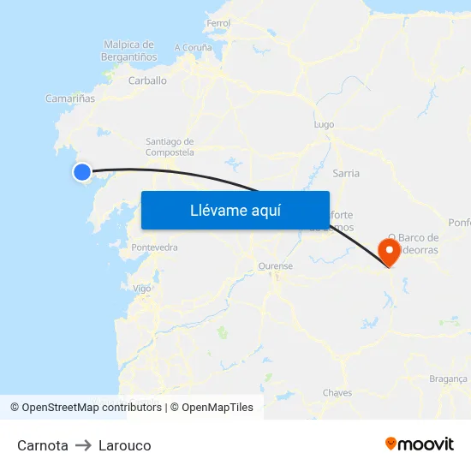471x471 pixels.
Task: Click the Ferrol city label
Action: pyautogui.click(x=218, y=23)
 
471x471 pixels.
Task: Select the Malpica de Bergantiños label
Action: pyautogui.click(x=128, y=51)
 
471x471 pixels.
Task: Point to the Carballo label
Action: pyautogui.click(x=147, y=80)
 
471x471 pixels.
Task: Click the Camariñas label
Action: pyautogui.click(x=70, y=98)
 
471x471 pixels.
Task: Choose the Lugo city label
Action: pyautogui.click(x=324, y=124)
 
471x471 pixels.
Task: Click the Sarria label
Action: pyautogui.click(x=346, y=173)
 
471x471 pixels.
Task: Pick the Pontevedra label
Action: pyautogui.click(x=154, y=247)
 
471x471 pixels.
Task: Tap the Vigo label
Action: pyautogui.click(x=142, y=289)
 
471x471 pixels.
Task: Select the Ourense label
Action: pyautogui.click(x=275, y=266)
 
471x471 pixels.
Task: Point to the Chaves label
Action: pyautogui.click(x=337, y=393)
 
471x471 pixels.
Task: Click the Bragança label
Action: pyautogui.click(x=448, y=379)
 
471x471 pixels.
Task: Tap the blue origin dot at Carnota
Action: pyautogui.click(x=82, y=172)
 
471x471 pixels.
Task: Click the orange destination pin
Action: pyautogui.click(x=390, y=252)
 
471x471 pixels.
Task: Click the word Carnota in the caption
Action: pyautogui.click(x=43, y=445)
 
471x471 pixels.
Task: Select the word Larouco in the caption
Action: pyautogui.click(x=125, y=445)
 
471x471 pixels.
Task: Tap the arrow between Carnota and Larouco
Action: pyautogui.click(x=83, y=445)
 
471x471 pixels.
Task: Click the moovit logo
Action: pyautogui.click(x=420, y=444)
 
